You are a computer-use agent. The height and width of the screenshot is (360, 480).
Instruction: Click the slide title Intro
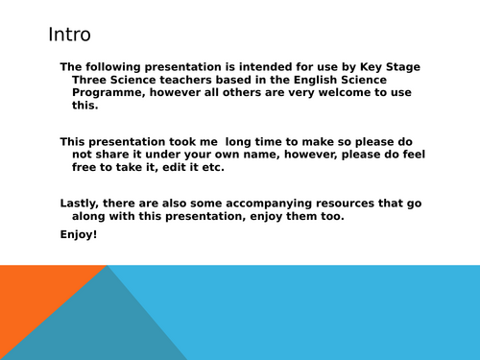[x=69, y=36]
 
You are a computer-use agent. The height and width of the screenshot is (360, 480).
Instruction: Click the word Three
[x=92, y=80]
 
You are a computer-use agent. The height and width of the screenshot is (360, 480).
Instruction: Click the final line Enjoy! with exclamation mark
[x=79, y=233]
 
